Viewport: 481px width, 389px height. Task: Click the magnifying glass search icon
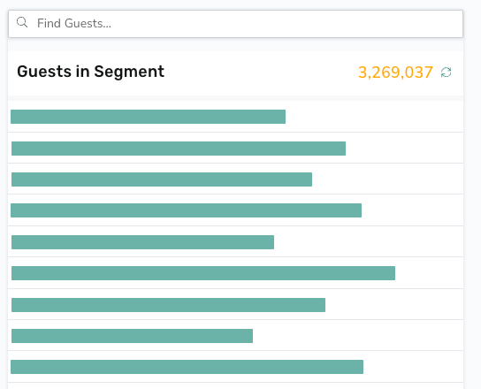pos(22,22)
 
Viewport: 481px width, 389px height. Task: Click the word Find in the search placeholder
pos(49,23)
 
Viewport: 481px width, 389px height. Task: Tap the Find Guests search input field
pos(235,24)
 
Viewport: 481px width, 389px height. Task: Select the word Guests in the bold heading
pos(44,72)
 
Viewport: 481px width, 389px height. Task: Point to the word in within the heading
pos(82,72)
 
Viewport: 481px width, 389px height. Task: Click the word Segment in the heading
pos(129,72)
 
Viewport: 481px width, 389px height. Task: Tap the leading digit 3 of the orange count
pos(363,72)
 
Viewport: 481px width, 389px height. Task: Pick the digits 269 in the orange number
pos(385,72)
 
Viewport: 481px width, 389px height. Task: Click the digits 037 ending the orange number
pos(418,72)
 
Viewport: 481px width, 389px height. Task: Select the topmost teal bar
pos(149,117)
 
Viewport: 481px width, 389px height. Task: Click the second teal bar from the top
pos(179,149)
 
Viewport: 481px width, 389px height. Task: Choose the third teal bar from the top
pos(162,179)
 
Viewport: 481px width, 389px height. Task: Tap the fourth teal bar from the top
pos(187,210)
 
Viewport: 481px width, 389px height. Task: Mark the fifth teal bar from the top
pos(142,242)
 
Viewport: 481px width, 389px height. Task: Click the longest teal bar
pos(203,273)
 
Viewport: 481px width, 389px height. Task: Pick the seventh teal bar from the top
pos(168,305)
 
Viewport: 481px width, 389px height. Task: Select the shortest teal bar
pos(133,336)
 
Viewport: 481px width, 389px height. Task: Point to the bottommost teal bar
pos(187,367)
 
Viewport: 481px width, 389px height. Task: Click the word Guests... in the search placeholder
pos(88,23)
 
